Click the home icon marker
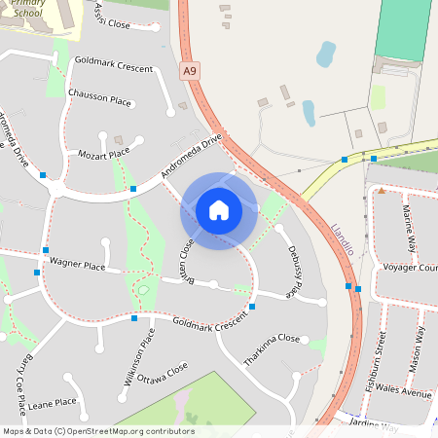218,210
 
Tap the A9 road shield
190,71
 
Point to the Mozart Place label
103,154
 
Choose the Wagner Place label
77,264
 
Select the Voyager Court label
408,267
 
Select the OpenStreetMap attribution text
98,431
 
